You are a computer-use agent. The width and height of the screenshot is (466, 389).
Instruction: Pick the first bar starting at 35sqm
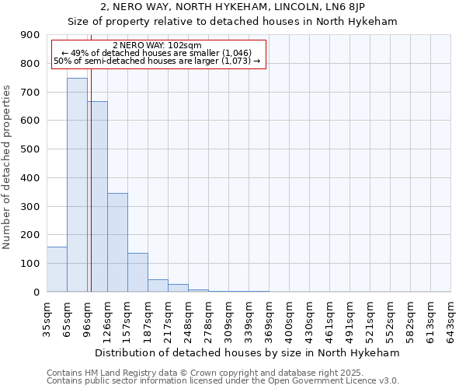[x=57, y=269]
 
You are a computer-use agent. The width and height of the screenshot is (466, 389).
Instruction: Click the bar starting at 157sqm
[x=137, y=272]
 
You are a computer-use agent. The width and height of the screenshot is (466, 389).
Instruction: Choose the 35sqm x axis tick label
[x=47, y=317]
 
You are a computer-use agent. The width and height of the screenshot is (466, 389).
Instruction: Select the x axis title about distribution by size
[x=249, y=352]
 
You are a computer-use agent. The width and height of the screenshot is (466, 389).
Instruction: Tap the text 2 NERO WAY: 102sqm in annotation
[x=158, y=45]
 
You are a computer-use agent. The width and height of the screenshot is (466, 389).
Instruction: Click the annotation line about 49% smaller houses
[x=158, y=53]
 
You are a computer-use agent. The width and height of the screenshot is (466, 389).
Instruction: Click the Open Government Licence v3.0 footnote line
[x=223, y=381]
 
